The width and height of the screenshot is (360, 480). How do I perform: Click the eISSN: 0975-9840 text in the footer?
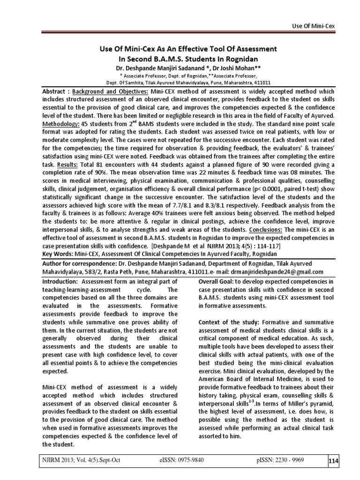(182, 460)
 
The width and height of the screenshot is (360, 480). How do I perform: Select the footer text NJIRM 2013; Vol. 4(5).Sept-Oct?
(82, 460)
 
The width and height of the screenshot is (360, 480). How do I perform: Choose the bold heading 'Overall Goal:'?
(217, 282)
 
